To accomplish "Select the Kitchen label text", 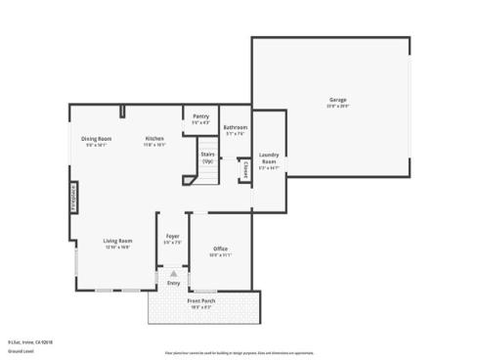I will [x=154, y=139].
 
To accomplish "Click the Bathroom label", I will [x=235, y=127].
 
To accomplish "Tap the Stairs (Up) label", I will [x=207, y=157].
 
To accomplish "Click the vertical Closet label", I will [x=244, y=169].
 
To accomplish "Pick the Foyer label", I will [x=172, y=237].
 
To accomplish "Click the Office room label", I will [x=220, y=249].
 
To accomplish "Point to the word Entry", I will [x=173, y=284].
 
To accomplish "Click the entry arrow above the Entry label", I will [x=173, y=275].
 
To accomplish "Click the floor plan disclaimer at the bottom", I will [x=239, y=350].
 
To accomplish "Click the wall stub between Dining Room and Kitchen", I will [x=122, y=111].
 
